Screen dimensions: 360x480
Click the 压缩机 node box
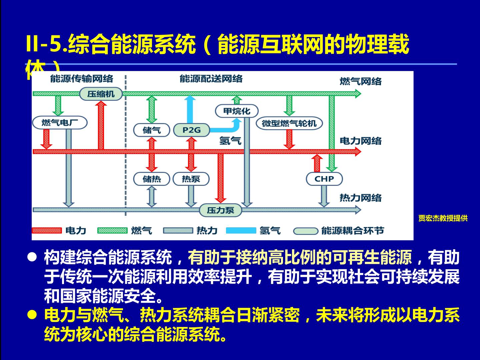101,94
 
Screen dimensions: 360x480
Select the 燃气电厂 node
60,122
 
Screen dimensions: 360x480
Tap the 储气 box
152,130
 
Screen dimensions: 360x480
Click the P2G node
192,130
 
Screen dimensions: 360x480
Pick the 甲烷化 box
237,111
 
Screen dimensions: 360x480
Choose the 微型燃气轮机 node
289,123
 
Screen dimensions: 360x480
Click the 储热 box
152,179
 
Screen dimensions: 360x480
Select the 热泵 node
191,179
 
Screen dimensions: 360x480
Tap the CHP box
324,179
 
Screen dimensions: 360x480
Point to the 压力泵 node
220,210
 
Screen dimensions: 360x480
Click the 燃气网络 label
360,81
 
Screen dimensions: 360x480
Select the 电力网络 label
360,141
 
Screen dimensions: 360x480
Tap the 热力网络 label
360,198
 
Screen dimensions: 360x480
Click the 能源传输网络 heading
82,79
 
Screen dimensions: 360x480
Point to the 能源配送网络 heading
211,79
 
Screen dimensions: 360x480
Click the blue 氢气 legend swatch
241,231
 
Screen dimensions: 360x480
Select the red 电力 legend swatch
47,231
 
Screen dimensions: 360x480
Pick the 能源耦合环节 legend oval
306,231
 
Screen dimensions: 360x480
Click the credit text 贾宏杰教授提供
443,218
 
